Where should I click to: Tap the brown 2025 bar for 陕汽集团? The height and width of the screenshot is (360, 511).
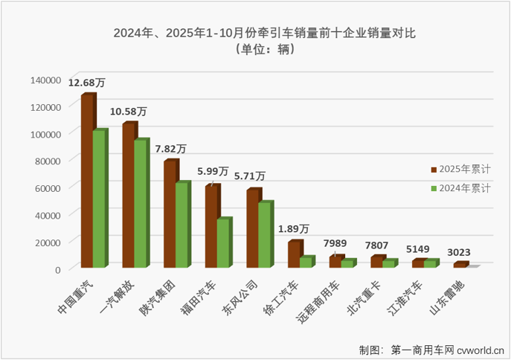pos(170,214)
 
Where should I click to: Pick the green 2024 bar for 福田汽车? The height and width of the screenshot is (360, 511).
pos(224,243)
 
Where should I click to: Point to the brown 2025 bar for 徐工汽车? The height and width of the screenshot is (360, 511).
pos(294,254)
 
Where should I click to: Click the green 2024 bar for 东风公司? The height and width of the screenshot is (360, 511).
pos(265,235)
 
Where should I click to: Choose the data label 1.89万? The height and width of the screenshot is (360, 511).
pos(295,228)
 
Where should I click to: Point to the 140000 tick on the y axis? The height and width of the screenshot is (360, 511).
pos(45,80)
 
